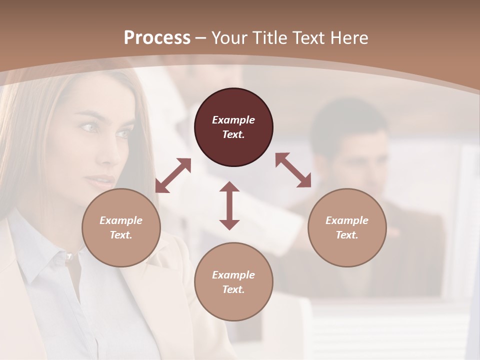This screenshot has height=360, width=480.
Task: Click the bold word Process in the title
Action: click(157, 38)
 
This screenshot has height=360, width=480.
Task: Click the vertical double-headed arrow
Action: click(229, 205)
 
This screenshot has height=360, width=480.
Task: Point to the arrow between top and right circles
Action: click(293, 170)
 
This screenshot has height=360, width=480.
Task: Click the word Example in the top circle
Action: click(233, 120)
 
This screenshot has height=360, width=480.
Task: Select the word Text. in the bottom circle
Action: click(233, 289)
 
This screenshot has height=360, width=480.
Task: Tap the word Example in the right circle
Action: click(347, 220)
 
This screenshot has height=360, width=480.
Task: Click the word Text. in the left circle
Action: click(121, 235)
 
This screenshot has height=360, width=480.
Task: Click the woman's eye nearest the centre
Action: click(123, 133)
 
